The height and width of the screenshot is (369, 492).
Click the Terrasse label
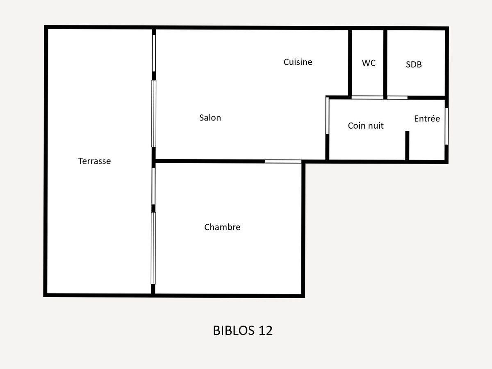pyautogui.click(x=94, y=161)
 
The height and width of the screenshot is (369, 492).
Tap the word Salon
pyautogui.click(x=210, y=118)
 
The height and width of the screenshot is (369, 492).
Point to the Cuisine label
pyautogui.click(x=298, y=62)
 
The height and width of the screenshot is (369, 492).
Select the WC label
pyautogui.click(x=369, y=63)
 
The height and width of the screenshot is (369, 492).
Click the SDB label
pyautogui.click(x=414, y=64)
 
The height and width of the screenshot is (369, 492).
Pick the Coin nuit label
pyautogui.click(x=366, y=126)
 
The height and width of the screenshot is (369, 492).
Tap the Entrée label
pyautogui.click(x=427, y=118)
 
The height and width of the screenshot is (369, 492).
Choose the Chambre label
pyautogui.click(x=222, y=227)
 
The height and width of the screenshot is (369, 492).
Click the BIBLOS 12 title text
pyautogui.click(x=243, y=330)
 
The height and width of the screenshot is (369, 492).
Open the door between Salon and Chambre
pyautogui.click(x=283, y=161)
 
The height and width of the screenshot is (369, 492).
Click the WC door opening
pyautogui.click(x=367, y=98)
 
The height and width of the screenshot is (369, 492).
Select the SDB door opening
pyautogui.click(x=397, y=98)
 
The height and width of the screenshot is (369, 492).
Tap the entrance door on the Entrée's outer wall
pyautogui.click(x=446, y=126)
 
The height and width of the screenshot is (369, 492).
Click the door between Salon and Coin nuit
pyautogui.click(x=327, y=116)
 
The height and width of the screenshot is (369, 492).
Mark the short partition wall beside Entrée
pyautogui.click(x=407, y=146)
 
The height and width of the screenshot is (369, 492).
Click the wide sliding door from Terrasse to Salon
pyautogui.click(x=154, y=114)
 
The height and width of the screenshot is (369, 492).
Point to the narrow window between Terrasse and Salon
pyautogui.click(x=154, y=53)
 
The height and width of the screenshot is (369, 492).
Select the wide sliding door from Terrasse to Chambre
pyautogui.click(x=153, y=248)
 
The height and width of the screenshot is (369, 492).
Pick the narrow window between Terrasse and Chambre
pyautogui.click(x=153, y=186)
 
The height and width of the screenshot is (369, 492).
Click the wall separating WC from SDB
pyautogui.click(x=385, y=63)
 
